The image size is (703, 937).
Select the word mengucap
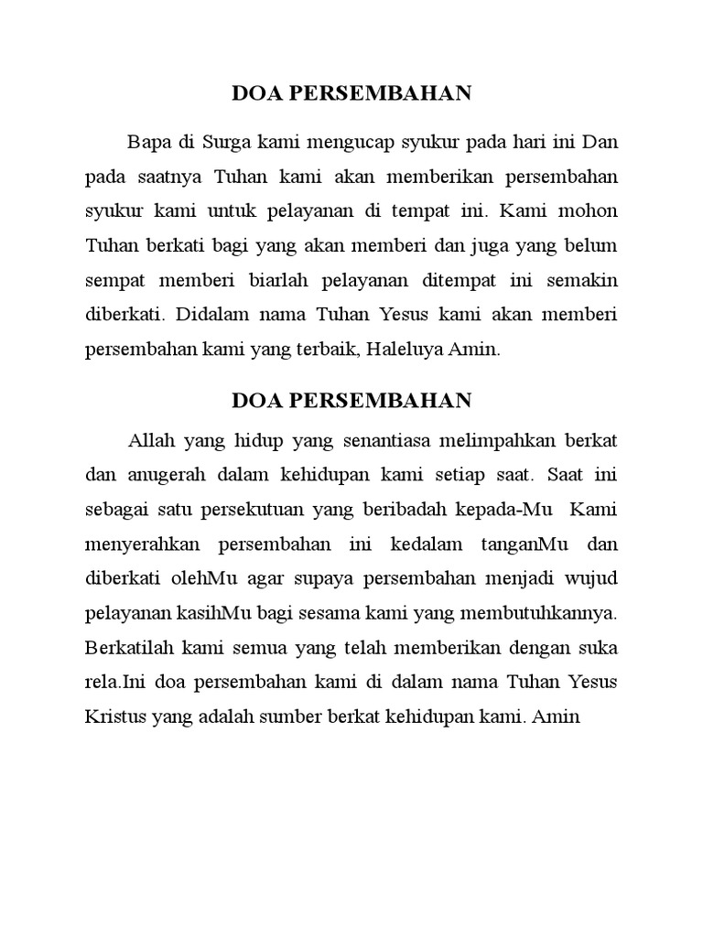pos(338,143)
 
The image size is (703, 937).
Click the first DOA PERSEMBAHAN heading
pos(351,92)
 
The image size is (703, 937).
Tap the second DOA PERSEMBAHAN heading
pos(351,400)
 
